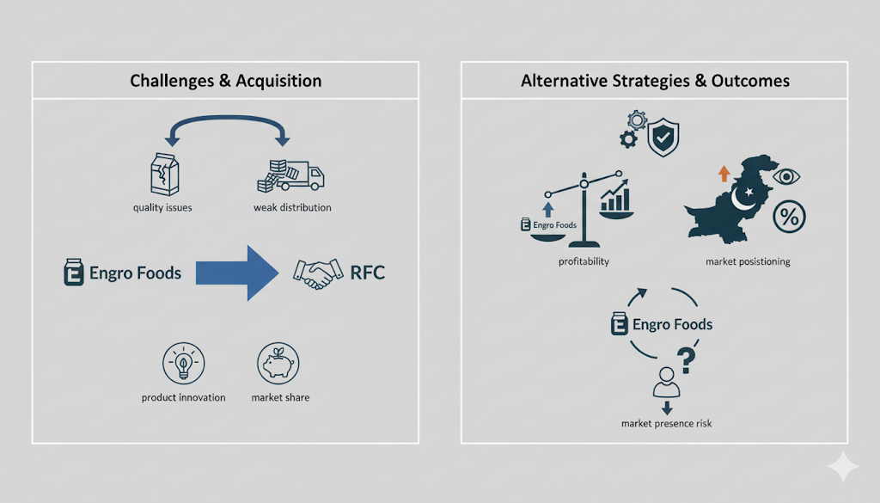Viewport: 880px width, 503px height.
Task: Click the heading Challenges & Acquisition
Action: point(225,82)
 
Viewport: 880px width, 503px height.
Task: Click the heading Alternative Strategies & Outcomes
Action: point(655,82)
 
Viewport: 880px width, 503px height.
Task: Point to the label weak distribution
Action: point(292,207)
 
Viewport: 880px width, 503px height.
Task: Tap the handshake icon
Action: point(316,273)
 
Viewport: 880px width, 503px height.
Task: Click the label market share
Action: point(280,398)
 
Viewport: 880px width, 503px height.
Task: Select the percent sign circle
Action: point(789,217)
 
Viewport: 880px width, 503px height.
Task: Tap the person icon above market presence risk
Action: point(665,381)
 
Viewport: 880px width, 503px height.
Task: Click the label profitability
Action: point(584,261)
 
